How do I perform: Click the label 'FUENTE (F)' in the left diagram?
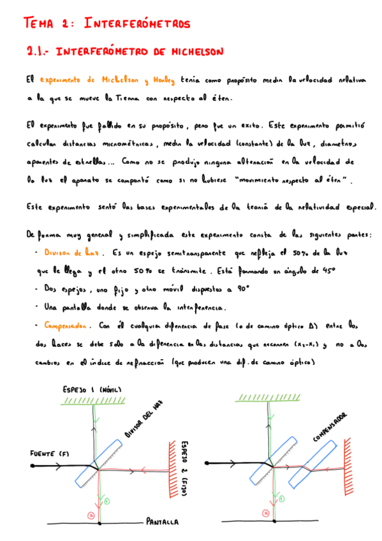49,454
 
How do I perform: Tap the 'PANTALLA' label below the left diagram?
163,522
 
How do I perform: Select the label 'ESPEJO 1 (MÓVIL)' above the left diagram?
92,389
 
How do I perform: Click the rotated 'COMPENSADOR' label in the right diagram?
330,427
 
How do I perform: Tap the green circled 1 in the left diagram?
107,501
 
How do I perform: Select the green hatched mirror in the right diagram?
267,399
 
